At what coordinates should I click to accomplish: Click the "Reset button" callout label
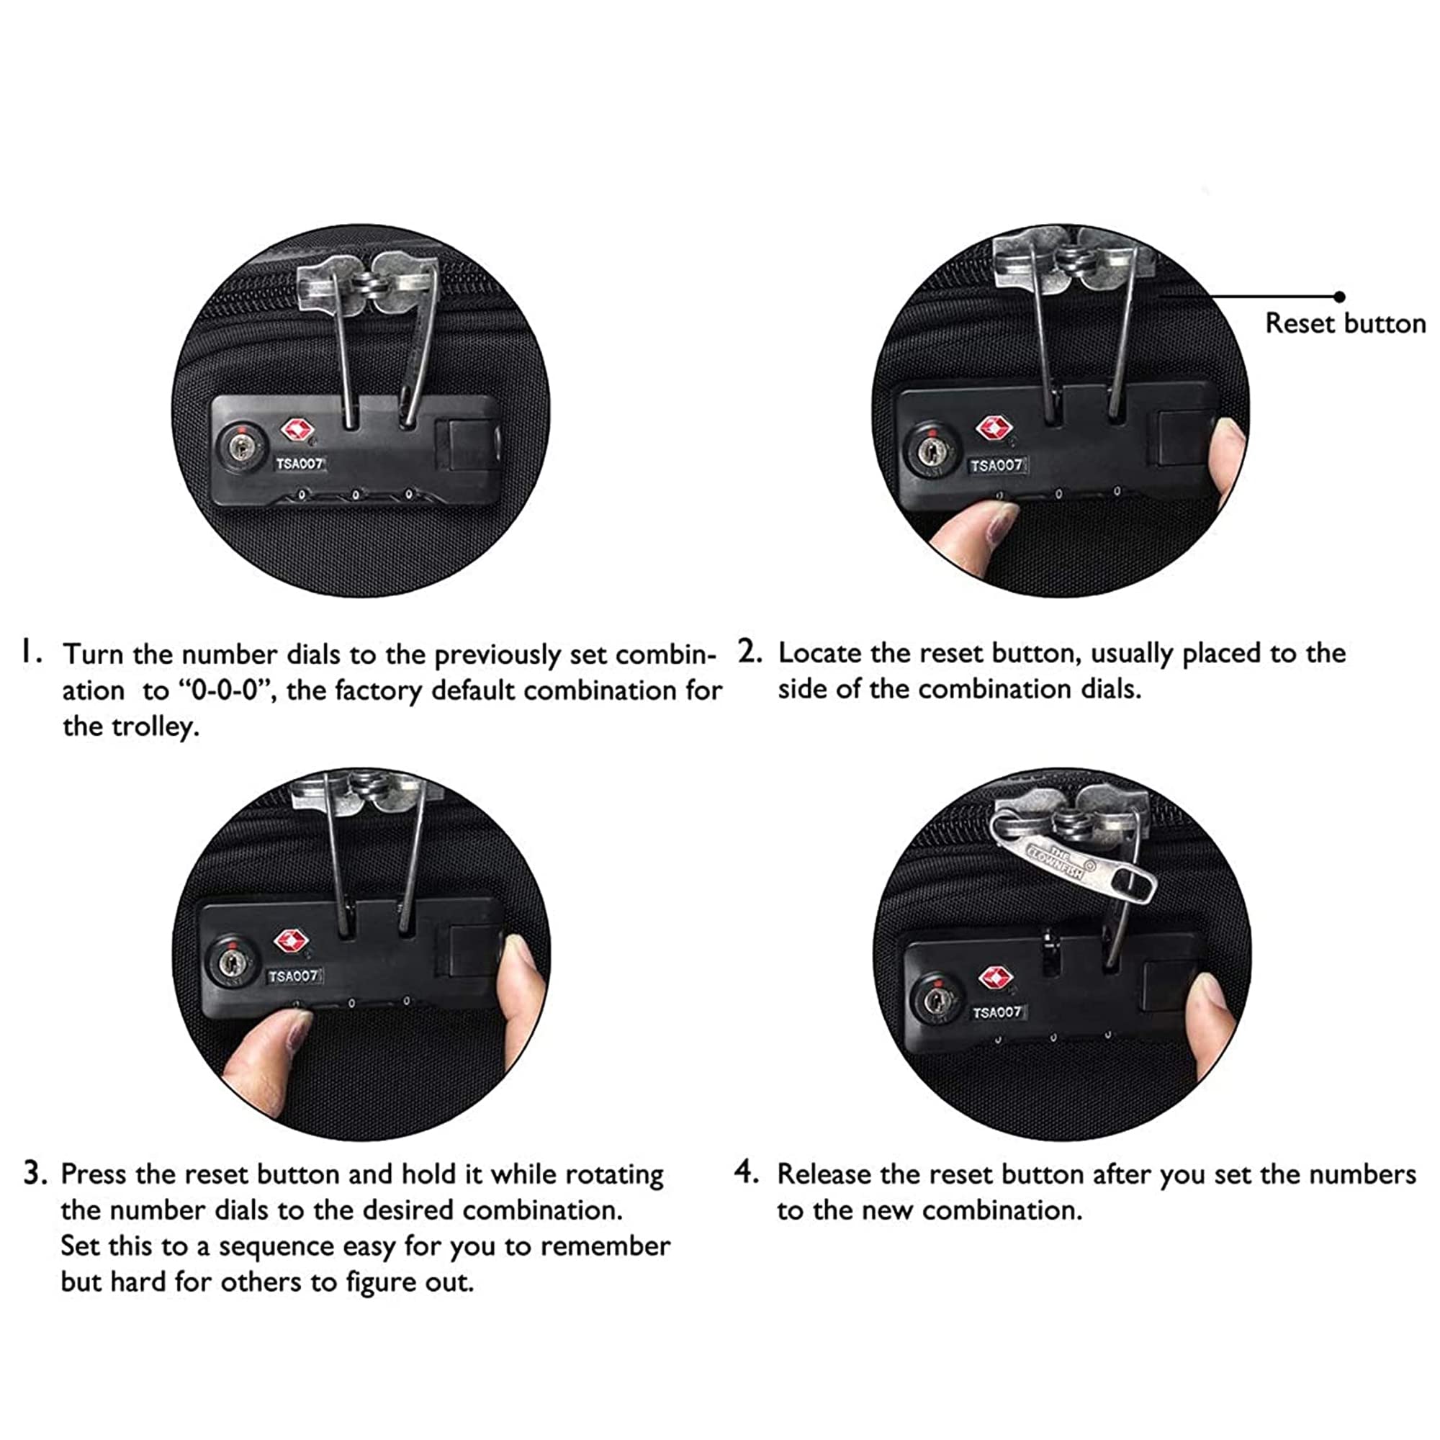coord(1346,323)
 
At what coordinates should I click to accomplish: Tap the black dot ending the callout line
coord(1339,297)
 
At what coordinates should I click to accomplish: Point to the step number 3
coord(35,1172)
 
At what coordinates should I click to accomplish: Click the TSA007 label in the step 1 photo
coord(300,464)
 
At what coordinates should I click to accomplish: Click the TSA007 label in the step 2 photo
coord(997,466)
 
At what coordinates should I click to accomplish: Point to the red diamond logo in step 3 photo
coord(292,941)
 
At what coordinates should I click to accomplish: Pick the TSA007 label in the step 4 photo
coord(997,1012)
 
